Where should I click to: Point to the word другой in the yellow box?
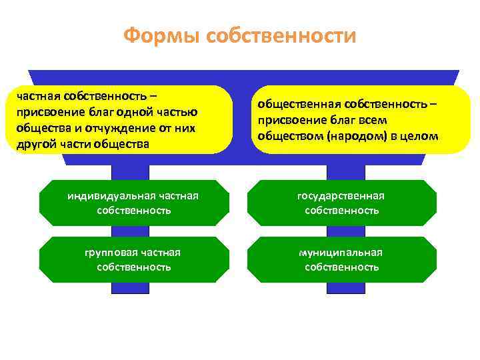point(35,144)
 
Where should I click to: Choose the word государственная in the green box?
point(341,195)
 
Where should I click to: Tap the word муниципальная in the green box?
point(341,252)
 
